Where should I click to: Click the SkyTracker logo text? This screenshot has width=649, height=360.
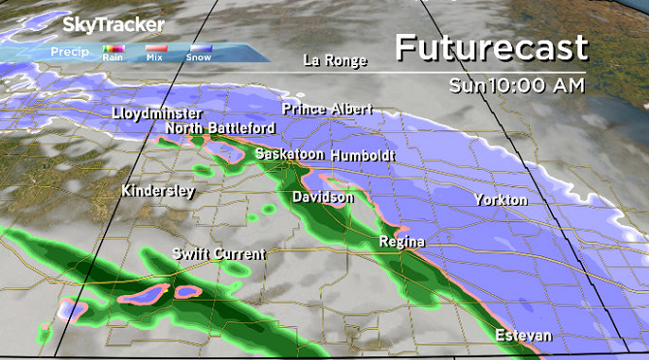pyautogui.click(x=114, y=24)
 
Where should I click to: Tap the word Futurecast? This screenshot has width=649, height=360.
pyautogui.click(x=492, y=48)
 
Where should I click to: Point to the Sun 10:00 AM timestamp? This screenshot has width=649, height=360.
pyautogui.click(x=517, y=85)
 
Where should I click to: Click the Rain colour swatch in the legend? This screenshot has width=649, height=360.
pyautogui.click(x=113, y=48)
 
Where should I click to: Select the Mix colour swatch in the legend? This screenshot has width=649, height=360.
pyautogui.click(x=155, y=48)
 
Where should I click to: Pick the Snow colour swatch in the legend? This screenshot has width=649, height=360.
pyautogui.click(x=199, y=48)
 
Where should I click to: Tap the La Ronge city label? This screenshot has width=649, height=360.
pyautogui.click(x=336, y=60)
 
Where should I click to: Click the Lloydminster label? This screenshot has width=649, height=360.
pyautogui.click(x=156, y=114)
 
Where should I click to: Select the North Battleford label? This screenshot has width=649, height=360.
pyautogui.click(x=220, y=128)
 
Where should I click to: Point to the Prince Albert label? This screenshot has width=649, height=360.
pyautogui.click(x=325, y=109)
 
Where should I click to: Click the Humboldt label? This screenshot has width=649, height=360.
pyautogui.click(x=363, y=155)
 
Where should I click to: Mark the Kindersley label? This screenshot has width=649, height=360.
pyautogui.click(x=158, y=191)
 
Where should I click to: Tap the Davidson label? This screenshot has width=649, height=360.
pyautogui.click(x=323, y=197)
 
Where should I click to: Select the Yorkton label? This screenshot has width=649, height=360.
pyautogui.click(x=501, y=200)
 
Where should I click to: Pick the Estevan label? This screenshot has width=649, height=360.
pyautogui.click(x=523, y=336)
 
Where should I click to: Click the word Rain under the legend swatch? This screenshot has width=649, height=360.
pyautogui.click(x=113, y=57)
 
